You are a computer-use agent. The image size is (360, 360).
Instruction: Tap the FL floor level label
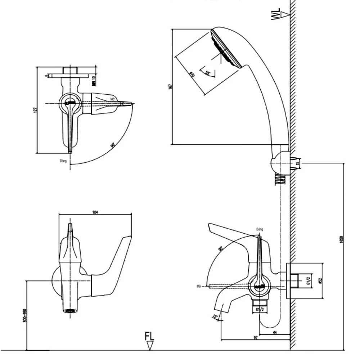point(149,337)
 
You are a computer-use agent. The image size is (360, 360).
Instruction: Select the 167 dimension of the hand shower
point(171,86)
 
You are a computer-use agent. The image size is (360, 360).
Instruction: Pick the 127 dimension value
point(35,109)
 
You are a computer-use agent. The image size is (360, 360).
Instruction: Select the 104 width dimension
point(95,212)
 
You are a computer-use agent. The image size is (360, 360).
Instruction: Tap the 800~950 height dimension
point(24,315)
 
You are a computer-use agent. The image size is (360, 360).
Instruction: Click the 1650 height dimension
point(342,239)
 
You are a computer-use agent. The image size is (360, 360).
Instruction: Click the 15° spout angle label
point(215,317)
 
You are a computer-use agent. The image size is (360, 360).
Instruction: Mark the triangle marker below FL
point(150,346)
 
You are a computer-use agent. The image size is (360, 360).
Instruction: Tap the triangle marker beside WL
point(286,14)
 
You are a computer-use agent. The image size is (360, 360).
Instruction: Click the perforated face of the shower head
point(226,49)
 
